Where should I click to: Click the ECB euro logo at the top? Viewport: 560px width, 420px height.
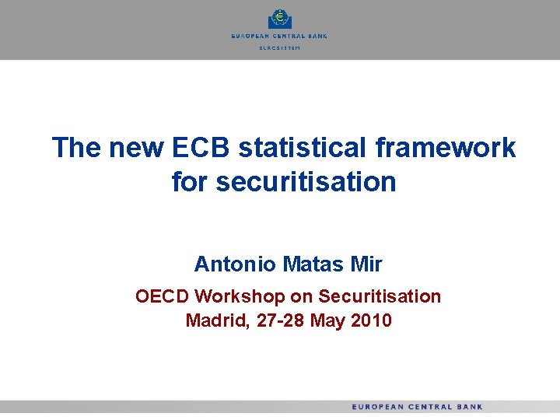[x=278, y=19]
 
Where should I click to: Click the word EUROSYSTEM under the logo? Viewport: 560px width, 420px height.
[x=279, y=48]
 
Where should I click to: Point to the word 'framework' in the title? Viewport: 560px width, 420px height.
[x=456, y=147]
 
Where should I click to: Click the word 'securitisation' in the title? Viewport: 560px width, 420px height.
[x=306, y=182]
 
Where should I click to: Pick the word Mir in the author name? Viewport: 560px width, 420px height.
[x=366, y=264]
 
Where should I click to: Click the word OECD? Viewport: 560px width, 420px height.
[x=163, y=296]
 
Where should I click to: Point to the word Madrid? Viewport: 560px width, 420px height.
[x=212, y=320]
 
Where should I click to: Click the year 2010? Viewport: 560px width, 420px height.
[x=370, y=320]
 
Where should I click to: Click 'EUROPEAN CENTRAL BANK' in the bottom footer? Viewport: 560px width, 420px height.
[x=417, y=407]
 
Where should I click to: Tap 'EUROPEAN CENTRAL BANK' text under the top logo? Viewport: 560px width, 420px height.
[x=279, y=36]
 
